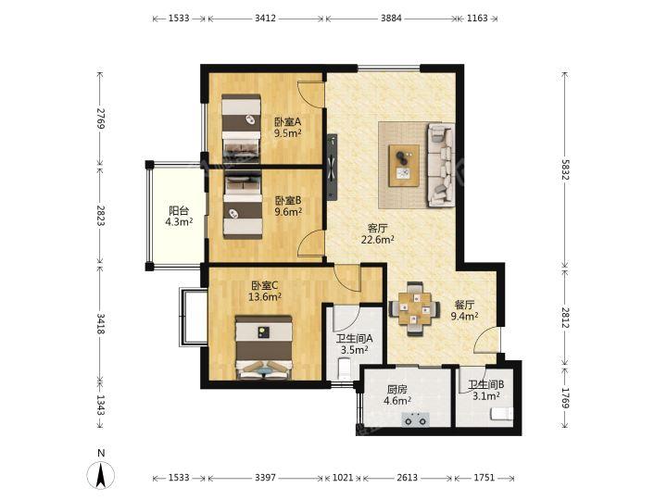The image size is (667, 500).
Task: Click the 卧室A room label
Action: [287, 121]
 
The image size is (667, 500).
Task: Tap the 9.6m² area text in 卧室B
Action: [288, 211]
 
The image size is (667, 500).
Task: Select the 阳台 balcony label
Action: [179, 210]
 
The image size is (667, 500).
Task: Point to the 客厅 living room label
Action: [377, 229]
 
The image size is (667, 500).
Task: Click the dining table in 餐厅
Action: [415, 309]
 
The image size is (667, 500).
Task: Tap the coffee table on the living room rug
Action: [404, 166]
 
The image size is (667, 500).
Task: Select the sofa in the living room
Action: [441, 165]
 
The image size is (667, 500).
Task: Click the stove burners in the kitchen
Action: [415, 419]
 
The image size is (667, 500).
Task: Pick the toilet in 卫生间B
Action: [501, 413]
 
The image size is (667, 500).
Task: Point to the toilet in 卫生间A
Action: [343, 369]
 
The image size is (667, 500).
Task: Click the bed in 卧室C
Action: [264, 347]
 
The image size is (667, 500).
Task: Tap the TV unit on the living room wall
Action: [333, 167]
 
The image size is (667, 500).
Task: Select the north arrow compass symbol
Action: [101, 474]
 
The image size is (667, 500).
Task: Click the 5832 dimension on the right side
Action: [564, 169]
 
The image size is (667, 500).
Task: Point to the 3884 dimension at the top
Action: [391, 19]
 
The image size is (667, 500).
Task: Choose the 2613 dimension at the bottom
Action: [407, 478]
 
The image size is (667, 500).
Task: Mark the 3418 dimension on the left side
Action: [100, 323]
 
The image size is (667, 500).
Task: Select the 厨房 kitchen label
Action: [397, 389]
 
